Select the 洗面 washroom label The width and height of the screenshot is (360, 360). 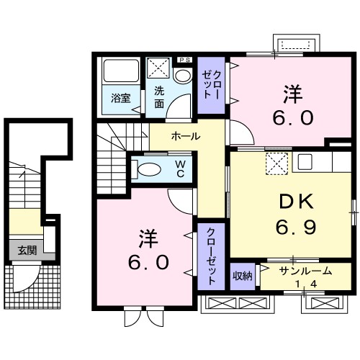[159, 97]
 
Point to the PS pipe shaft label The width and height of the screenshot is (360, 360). [184, 60]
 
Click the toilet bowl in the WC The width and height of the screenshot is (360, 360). [150, 170]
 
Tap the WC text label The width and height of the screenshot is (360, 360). [181, 170]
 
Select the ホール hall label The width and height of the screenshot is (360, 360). [186, 135]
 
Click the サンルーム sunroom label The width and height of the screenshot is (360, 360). [305, 271]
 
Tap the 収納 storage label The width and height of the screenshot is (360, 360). [243, 276]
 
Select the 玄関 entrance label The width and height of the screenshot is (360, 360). [27, 250]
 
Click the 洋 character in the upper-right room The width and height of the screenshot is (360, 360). [292, 93]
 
